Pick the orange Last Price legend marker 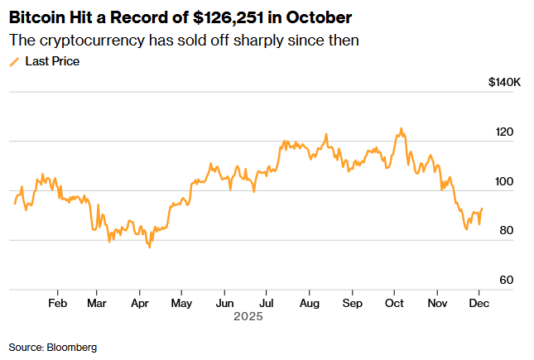(14, 61)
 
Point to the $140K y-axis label (504, 83)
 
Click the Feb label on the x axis (57, 302)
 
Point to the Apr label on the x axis (138, 302)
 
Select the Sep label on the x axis (352, 302)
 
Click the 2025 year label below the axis (248, 315)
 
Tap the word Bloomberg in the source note (74, 347)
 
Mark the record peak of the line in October (402, 128)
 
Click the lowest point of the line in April (150, 247)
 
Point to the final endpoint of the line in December (482, 209)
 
